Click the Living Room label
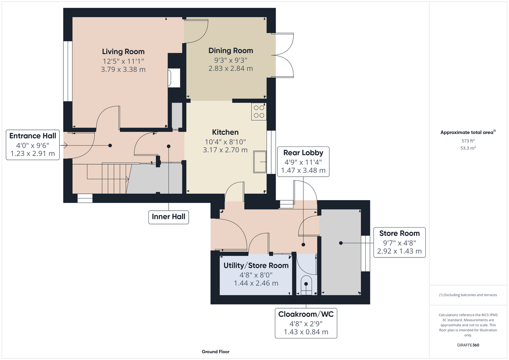tap(123, 51)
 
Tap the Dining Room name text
tap(231, 51)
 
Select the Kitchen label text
tap(225, 132)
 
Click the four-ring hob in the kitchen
tap(259, 112)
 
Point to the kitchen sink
tap(260, 162)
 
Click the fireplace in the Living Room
tap(174, 78)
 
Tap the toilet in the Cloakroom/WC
tap(306, 285)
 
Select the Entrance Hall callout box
tap(33, 145)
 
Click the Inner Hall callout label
tap(169, 217)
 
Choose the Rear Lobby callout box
tap(303, 162)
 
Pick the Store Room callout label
tap(399, 242)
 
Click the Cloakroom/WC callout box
tap(306, 323)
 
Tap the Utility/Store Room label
tap(256, 266)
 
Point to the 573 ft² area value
tap(468, 141)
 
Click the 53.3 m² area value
tap(468, 148)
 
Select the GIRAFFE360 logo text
tap(468, 345)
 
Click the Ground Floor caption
tap(216, 352)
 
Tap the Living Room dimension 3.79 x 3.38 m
tap(123, 69)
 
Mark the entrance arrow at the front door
tap(64, 145)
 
